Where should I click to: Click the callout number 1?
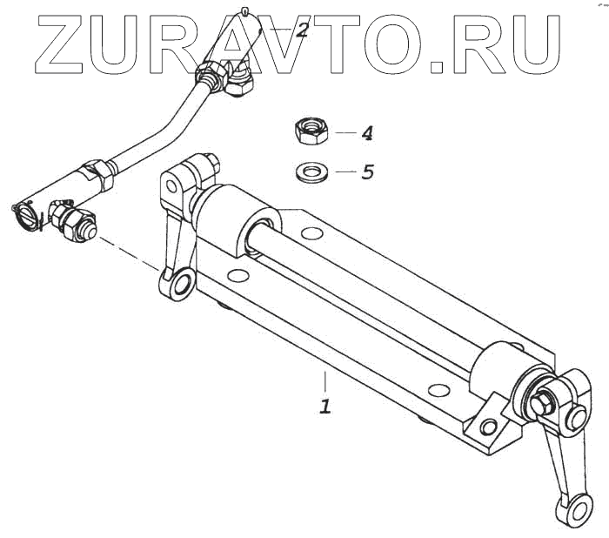[325, 406]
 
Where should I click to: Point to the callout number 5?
[367, 172]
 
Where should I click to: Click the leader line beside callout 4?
[345, 133]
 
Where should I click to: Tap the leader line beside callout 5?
[345, 172]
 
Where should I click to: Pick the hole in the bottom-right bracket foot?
[488, 426]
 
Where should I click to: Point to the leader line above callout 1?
[325, 381]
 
